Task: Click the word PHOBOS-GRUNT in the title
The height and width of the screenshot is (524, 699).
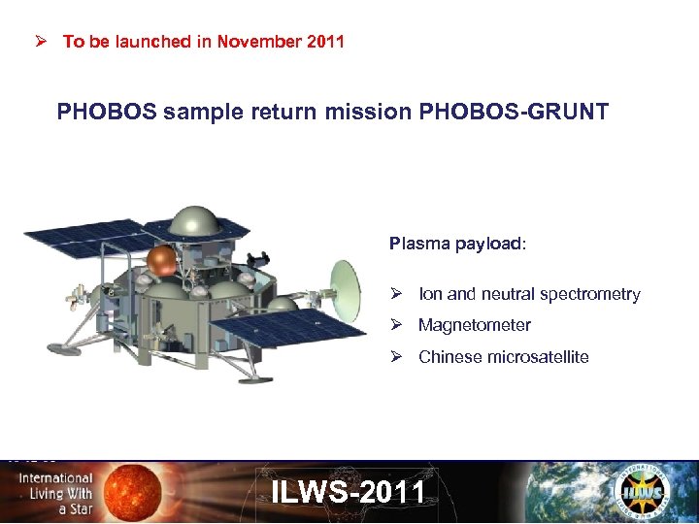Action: tap(514, 113)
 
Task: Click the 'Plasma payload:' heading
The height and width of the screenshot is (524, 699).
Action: tap(457, 244)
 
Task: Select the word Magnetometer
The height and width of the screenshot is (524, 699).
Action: tap(474, 326)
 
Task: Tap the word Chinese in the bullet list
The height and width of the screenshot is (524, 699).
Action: tap(448, 357)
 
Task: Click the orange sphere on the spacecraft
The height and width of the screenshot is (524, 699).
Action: tap(161, 259)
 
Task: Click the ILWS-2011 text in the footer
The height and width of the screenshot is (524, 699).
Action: tap(349, 492)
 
